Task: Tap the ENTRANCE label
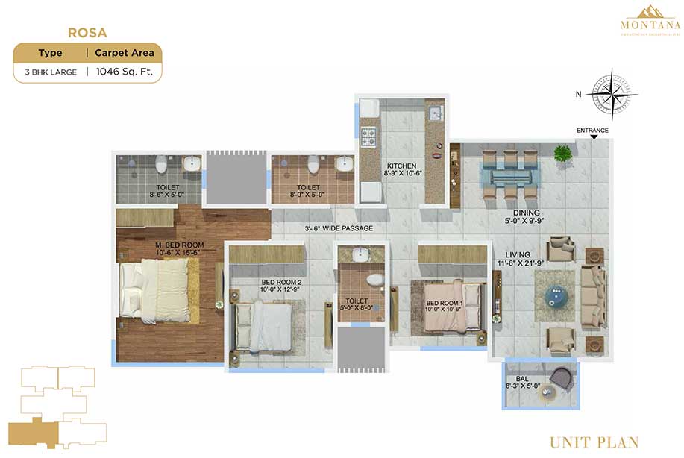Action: [x=592, y=131]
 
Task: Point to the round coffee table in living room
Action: [x=555, y=295]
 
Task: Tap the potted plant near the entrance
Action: [x=563, y=154]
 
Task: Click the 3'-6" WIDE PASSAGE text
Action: [x=339, y=228]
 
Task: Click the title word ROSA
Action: [x=87, y=33]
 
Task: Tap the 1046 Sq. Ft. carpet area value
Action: [x=123, y=72]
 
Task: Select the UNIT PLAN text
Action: [x=594, y=442]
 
